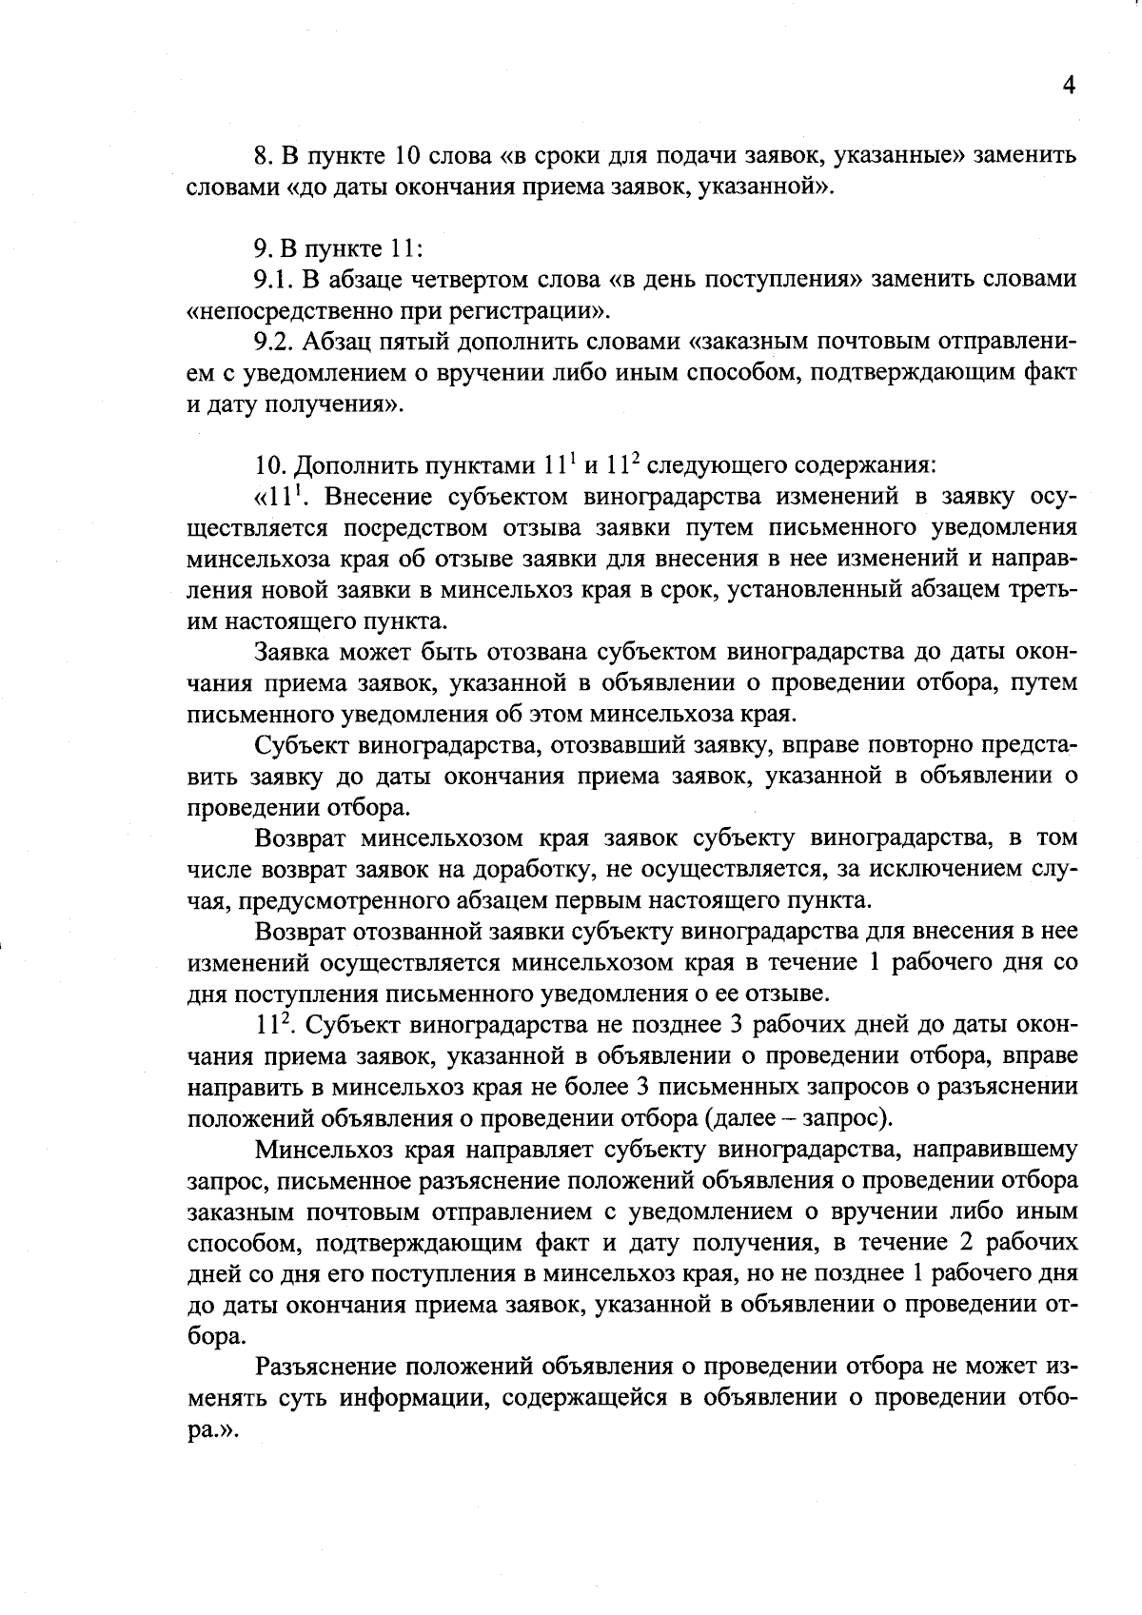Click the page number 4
tap(1068, 86)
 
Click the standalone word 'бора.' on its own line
tap(211, 1336)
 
